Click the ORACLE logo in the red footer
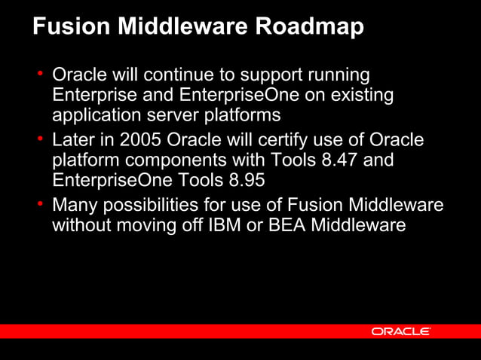click(400, 331)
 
